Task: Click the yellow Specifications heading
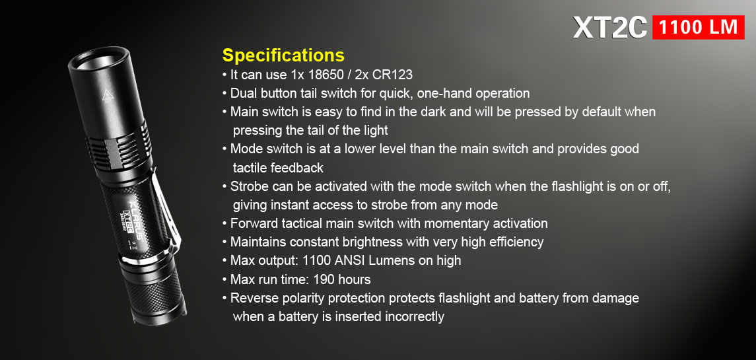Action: (x=283, y=55)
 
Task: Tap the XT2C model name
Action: (x=610, y=28)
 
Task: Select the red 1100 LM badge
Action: (x=698, y=27)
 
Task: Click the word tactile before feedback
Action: (x=250, y=168)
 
